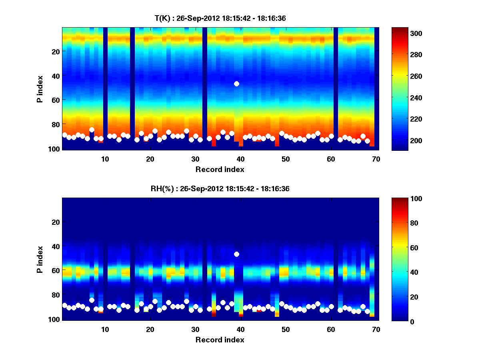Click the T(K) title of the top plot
pyautogui.click(x=220, y=18)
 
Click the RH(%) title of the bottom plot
pyautogui.click(x=220, y=189)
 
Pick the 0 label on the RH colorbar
pyautogui.click(x=398, y=321)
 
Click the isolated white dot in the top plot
pyautogui.click(x=236, y=84)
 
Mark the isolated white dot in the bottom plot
pyautogui.click(x=236, y=254)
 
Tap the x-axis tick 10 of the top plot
pyautogui.click(x=105, y=159)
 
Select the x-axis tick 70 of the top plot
pyautogui.click(x=376, y=159)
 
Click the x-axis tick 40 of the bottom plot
pyautogui.click(x=240, y=329)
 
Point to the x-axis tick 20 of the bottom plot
pyautogui.click(x=150, y=329)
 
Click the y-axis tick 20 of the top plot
pyautogui.click(x=56, y=52)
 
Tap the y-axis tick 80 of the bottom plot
pyautogui.click(x=56, y=295)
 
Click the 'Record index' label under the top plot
pyautogui.click(x=220, y=169)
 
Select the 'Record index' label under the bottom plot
pyautogui.click(x=220, y=340)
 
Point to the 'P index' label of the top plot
pyautogui.click(x=40, y=89)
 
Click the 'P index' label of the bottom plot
pyautogui.click(x=40, y=259)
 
